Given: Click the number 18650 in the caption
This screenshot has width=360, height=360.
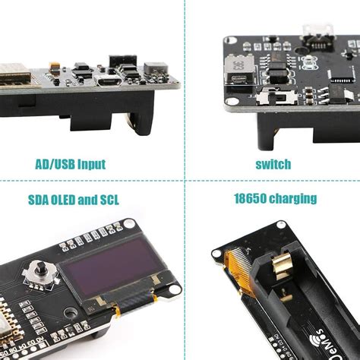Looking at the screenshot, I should pos(250,199).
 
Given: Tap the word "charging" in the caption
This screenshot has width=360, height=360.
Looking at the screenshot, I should pos(292,200).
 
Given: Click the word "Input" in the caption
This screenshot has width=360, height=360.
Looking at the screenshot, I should pos(91,163).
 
